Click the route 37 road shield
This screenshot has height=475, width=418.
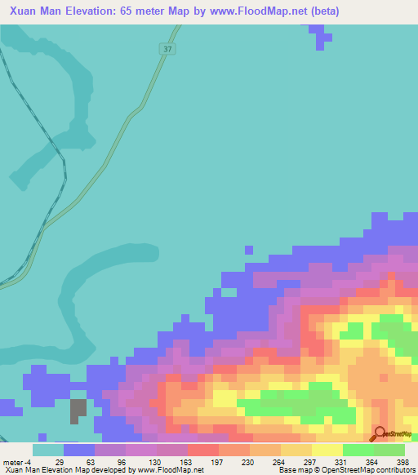pos(167,50)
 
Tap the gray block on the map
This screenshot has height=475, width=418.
pos(78,410)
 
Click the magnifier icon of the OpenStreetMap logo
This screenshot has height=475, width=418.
pos(380,434)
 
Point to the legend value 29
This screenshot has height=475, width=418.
pos(60,462)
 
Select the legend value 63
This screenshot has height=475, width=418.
pos(91,462)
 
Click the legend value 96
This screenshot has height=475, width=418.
pos(122,462)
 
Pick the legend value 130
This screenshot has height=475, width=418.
pos(153,462)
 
